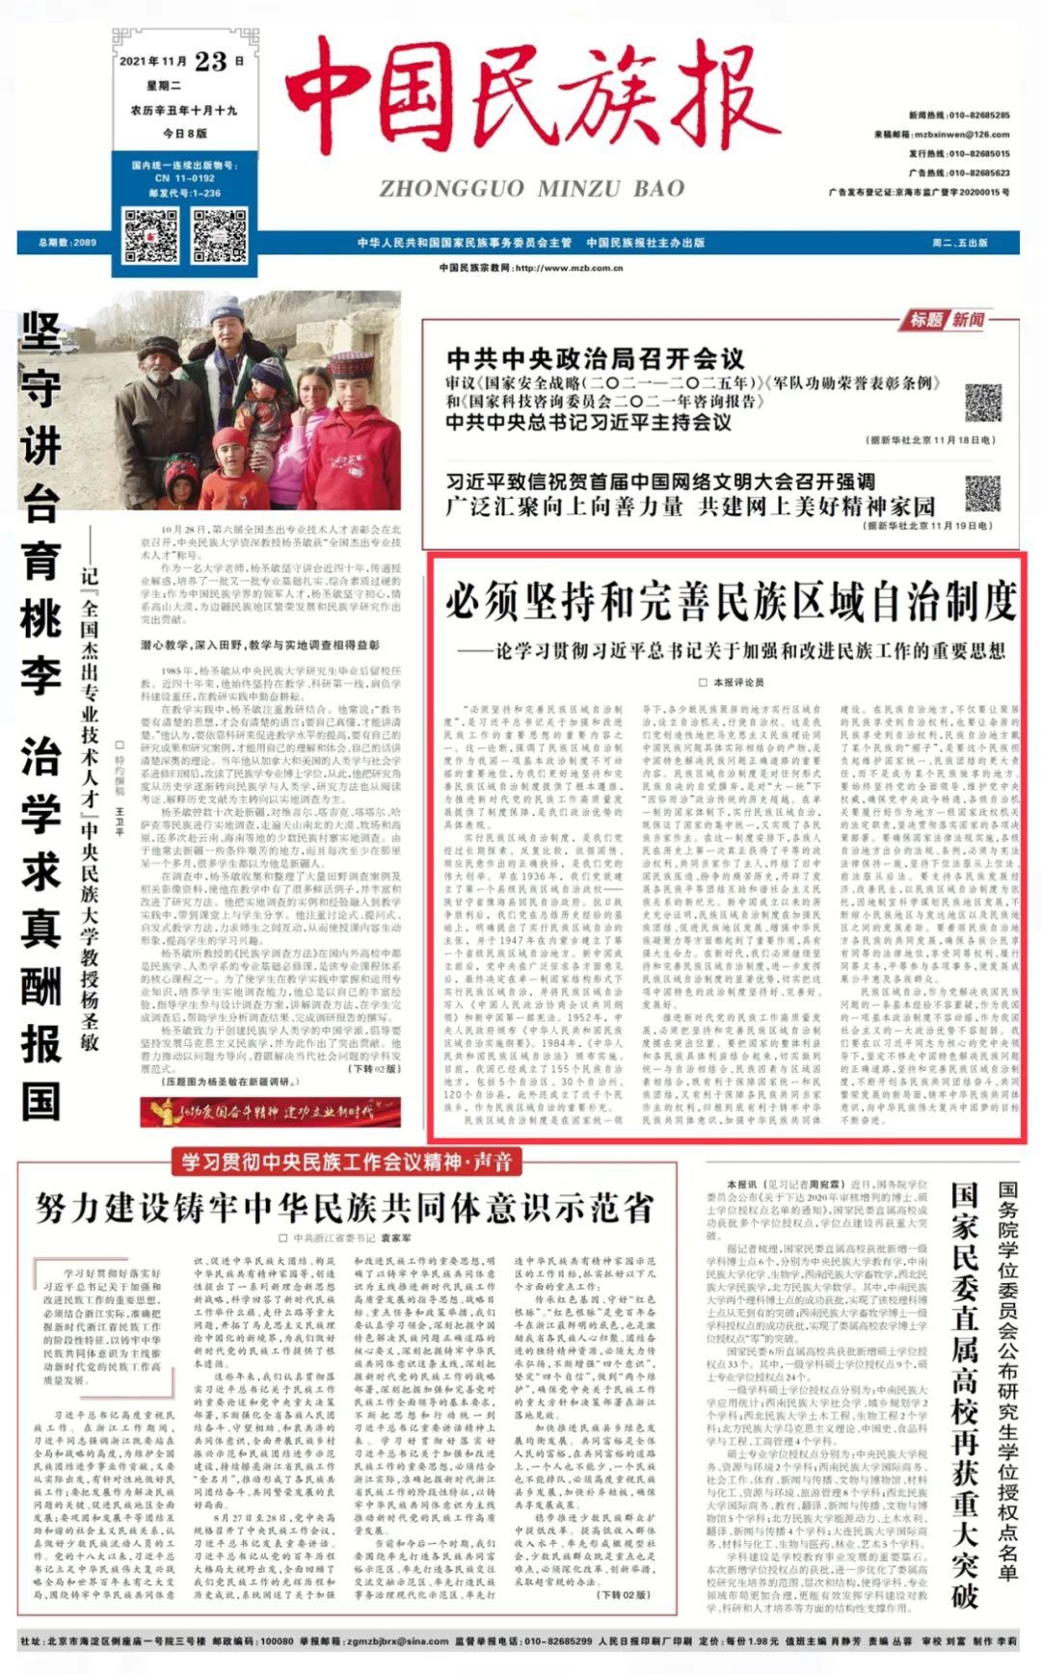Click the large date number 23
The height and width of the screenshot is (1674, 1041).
point(210,63)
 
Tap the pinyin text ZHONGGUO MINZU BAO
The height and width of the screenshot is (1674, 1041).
point(532,189)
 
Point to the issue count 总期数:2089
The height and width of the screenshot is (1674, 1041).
point(67,243)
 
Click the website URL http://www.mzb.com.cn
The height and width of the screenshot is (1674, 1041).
point(531,268)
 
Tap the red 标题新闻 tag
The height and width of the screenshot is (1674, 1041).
point(948,320)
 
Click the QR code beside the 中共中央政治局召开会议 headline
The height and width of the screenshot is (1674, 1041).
point(982,402)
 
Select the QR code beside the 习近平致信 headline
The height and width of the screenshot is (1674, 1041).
point(982,492)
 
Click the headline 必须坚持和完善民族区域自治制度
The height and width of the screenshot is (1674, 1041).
point(730,602)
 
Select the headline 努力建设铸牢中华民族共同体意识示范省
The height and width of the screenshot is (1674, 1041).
point(343,1207)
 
